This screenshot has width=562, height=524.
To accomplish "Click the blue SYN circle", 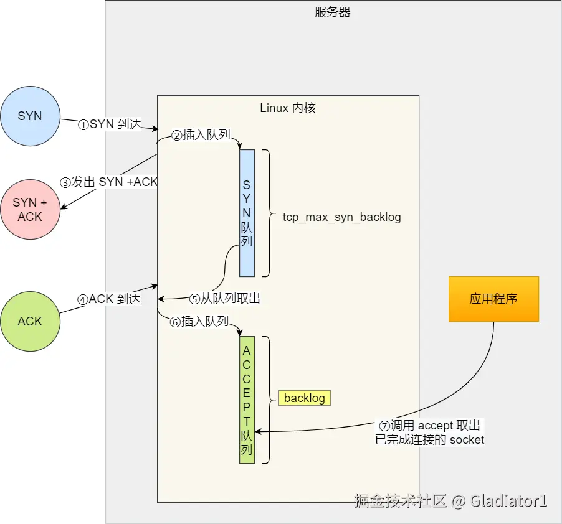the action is click(x=30, y=116).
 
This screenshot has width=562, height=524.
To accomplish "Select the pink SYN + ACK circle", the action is click(x=30, y=209).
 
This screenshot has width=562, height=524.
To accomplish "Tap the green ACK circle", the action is click(x=30, y=321).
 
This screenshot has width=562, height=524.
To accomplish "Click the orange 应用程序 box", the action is click(x=493, y=299).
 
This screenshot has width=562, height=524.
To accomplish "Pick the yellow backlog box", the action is click(x=305, y=398).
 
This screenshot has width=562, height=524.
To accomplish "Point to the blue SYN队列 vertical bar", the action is click(x=247, y=213).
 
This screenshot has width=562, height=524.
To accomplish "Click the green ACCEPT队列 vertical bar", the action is click(x=247, y=400).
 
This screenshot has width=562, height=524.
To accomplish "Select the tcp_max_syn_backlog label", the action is click(x=341, y=217).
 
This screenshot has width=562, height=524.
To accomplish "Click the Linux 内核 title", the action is click(x=288, y=108).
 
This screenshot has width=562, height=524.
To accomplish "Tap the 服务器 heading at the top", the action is click(x=332, y=12).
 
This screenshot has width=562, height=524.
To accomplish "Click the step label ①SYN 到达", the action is click(x=110, y=124).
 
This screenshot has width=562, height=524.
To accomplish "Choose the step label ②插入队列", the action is click(x=201, y=134).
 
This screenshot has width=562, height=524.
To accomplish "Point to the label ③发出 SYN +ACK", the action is click(x=108, y=182).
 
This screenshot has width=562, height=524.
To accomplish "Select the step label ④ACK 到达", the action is click(x=109, y=299).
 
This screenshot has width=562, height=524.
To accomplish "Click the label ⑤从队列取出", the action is click(x=225, y=298).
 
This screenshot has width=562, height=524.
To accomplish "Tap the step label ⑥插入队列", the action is click(x=199, y=321).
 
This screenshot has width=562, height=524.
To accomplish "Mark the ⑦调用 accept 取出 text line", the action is click(x=429, y=425).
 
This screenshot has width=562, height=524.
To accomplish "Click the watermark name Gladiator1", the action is click(x=508, y=500).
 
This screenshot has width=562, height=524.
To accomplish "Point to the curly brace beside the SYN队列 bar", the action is click(x=269, y=213).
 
